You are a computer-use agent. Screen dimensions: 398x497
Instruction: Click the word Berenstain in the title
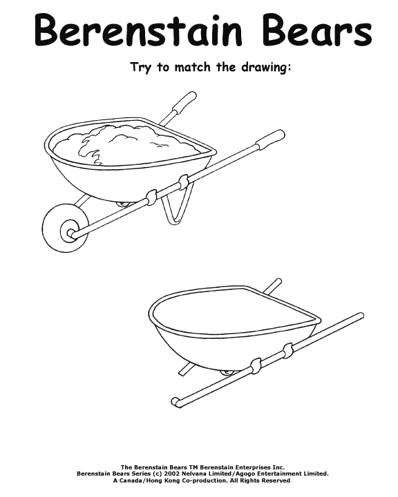(x=138, y=30)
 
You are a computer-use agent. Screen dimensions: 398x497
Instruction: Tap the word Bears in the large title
(x=317, y=30)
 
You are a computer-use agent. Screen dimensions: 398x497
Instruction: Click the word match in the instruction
(x=192, y=67)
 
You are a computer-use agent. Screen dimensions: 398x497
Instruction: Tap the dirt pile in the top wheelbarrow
(x=127, y=144)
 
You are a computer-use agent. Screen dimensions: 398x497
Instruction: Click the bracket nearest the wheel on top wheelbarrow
(x=152, y=196)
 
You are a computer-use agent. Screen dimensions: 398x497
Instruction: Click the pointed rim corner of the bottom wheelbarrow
(x=319, y=320)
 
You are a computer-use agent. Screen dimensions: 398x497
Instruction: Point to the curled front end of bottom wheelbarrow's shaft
(x=176, y=402)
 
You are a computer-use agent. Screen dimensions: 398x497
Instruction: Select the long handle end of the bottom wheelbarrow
(x=360, y=316)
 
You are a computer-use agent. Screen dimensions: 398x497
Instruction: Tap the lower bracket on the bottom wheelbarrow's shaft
(x=256, y=366)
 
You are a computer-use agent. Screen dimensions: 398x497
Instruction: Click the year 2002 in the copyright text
(x=169, y=474)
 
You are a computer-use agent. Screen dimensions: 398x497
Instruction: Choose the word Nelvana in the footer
(x=192, y=474)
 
